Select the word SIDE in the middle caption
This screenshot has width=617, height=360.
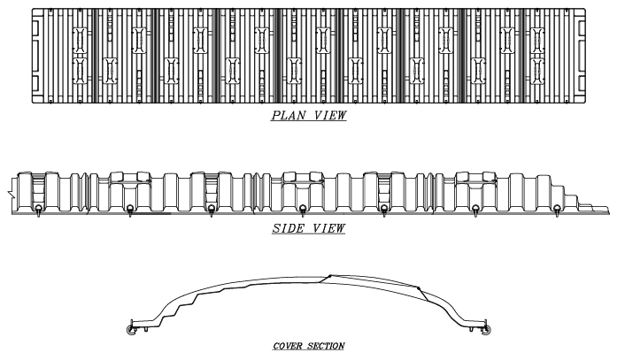(x=289, y=229)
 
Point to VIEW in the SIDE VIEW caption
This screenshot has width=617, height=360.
(x=328, y=229)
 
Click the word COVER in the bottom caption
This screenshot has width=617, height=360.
(x=288, y=346)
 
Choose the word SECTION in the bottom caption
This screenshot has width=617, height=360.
(x=325, y=346)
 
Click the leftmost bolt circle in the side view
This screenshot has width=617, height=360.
(x=40, y=210)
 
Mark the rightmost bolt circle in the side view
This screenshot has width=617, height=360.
(x=556, y=210)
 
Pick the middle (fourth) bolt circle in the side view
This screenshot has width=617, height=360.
(x=303, y=210)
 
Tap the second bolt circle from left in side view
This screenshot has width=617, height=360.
(x=130, y=210)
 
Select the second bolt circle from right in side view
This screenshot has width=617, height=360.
(x=476, y=210)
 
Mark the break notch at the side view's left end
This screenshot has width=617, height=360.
(x=9, y=190)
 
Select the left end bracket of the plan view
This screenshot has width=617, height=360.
(x=36, y=53)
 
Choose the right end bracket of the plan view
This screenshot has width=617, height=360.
(x=580, y=53)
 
